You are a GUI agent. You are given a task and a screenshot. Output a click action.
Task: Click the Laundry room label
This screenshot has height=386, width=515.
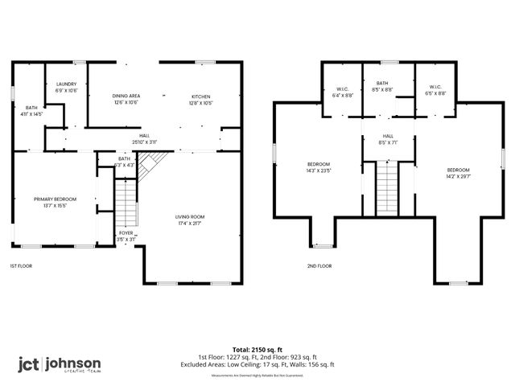pyautogui.click(x=66, y=87)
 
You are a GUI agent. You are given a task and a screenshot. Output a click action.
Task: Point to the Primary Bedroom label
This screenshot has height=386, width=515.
pyautogui.click(x=55, y=202)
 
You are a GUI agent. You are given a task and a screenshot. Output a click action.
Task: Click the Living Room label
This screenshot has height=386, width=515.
pyautogui.click(x=191, y=220)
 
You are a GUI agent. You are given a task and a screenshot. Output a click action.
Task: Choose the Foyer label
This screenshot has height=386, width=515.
pyautogui.click(x=125, y=236)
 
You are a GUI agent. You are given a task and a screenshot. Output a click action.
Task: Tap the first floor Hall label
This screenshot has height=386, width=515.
pyautogui.click(x=144, y=139)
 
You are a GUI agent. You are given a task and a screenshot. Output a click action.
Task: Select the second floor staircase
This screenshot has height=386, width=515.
pyautogui.click(x=388, y=187)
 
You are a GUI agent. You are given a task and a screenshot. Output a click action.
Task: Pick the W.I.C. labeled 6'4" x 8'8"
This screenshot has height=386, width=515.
pyautogui.click(x=343, y=92)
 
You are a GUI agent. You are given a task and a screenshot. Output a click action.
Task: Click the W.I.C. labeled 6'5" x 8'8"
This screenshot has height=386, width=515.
pyautogui.click(x=435, y=92)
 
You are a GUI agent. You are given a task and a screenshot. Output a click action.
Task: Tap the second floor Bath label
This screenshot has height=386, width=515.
pyautogui.click(x=382, y=86)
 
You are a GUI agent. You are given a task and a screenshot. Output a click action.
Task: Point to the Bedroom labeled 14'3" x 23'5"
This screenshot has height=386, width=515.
pyautogui.click(x=318, y=166)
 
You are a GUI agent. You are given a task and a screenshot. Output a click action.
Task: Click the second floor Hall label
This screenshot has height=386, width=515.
pyautogui.click(x=388, y=139)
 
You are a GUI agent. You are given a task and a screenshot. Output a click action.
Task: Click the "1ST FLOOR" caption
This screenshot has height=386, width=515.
pyautogui.click(x=21, y=266)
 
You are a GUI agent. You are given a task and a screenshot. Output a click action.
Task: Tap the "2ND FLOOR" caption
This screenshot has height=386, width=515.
pyautogui.click(x=319, y=266)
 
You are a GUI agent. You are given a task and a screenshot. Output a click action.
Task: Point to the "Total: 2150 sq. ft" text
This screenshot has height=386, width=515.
pyautogui.click(x=257, y=350)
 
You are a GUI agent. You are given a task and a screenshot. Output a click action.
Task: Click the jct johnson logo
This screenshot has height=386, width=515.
pyautogui.click(x=60, y=363)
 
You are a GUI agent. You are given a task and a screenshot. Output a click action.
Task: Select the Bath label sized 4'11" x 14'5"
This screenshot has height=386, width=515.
pyautogui.click(x=32, y=111)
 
